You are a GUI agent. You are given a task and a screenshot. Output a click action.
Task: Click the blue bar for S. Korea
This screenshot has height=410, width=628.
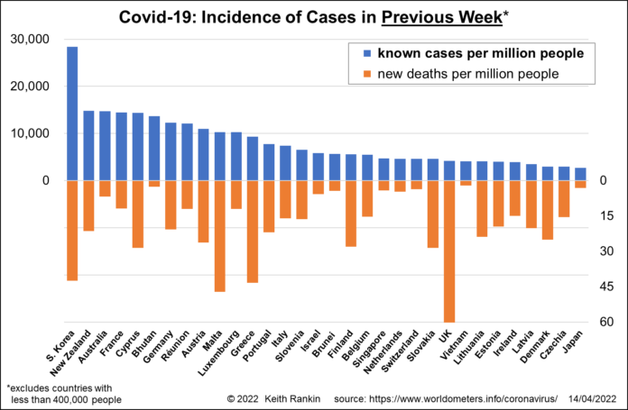coord(72,114)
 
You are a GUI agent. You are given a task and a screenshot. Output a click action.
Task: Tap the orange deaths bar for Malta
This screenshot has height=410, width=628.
coord(219,235)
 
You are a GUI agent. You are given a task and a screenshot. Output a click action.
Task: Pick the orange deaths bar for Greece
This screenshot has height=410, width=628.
coord(252,232)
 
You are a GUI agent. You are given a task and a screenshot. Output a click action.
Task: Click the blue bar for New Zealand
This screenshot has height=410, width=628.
coord(88,146)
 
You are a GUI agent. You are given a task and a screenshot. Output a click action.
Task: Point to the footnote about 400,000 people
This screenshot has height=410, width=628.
coord(61,393)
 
